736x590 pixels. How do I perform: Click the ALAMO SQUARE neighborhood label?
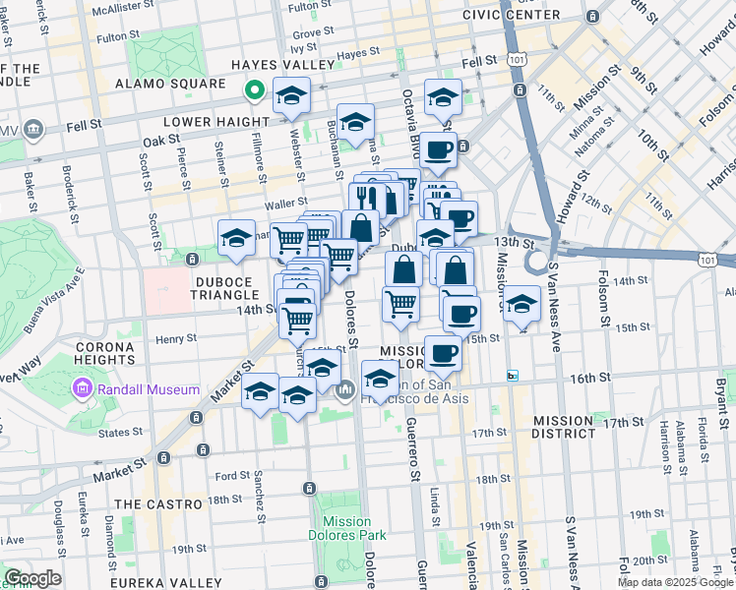click(x=185, y=85)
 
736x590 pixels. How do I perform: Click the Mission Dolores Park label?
click(x=346, y=528)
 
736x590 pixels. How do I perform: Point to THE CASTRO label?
click(x=155, y=503)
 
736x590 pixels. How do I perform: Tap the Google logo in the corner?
click(x=32, y=578)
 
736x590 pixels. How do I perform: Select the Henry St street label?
click(x=176, y=338)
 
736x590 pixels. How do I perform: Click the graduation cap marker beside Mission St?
click(x=522, y=302)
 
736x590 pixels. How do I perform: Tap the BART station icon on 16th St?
click(x=512, y=376)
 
